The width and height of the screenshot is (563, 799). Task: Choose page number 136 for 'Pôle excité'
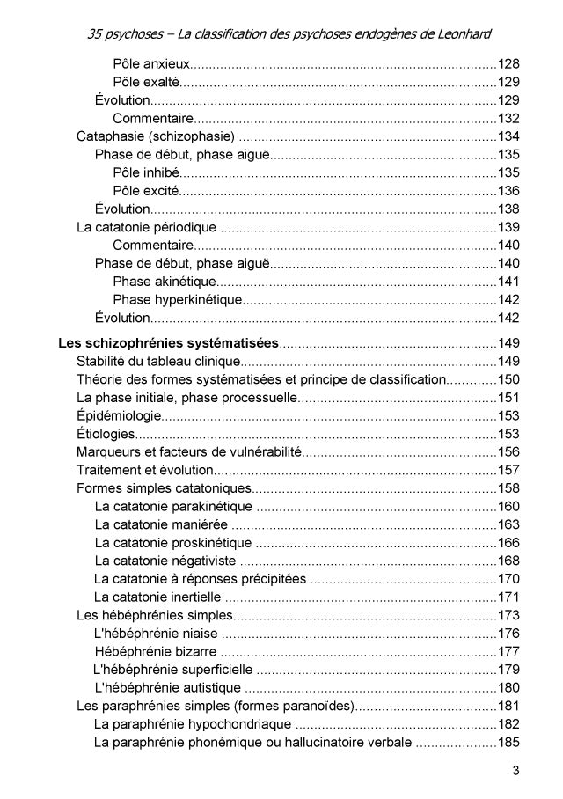pos(508,191)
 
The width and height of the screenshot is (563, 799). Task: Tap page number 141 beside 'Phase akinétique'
pos(508,282)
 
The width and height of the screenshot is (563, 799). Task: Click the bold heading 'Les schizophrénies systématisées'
pos(168,342)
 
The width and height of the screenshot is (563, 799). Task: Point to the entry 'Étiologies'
pos(106,434)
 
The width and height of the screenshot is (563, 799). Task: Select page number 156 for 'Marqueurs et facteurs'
pos(508,451)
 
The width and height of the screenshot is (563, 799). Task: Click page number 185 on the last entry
pos(508,743)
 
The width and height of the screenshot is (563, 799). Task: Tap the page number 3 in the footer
pos(516,772)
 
